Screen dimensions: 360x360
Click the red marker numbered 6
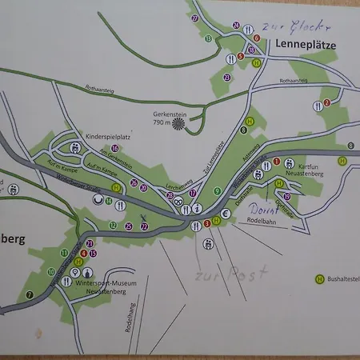(x=257, y=38)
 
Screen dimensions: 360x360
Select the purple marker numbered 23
(x=227, y=77)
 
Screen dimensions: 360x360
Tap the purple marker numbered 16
(x=116, y=148)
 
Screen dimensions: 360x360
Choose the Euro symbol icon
(x=226, y=214)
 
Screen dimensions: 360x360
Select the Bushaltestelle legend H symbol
(x=319, y=278)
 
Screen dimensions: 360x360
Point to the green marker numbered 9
(x=217, y=190)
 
